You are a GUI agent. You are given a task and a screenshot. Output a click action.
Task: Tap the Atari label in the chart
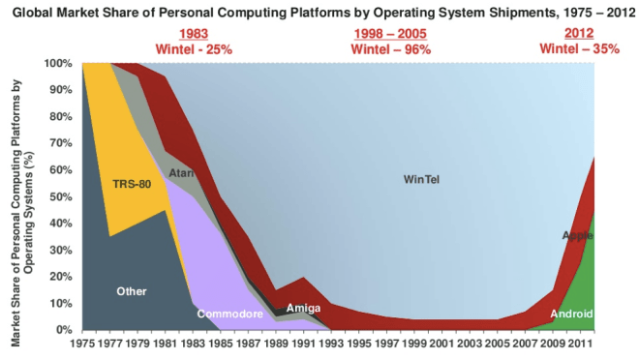pos(181,173)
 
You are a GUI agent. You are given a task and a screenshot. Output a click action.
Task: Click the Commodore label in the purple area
pos(230,315)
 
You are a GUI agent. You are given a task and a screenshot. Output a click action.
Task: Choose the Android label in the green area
pos(571,315)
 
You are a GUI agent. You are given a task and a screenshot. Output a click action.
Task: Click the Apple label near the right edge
pos(577,236)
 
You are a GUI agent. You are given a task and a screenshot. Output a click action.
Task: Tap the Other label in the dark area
pos(131,290)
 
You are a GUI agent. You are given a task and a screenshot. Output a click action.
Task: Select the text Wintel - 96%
pos(390,48)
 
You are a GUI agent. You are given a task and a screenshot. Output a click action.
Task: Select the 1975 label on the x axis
pos(84,344)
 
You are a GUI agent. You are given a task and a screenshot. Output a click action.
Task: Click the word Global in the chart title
pos(33,13)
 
